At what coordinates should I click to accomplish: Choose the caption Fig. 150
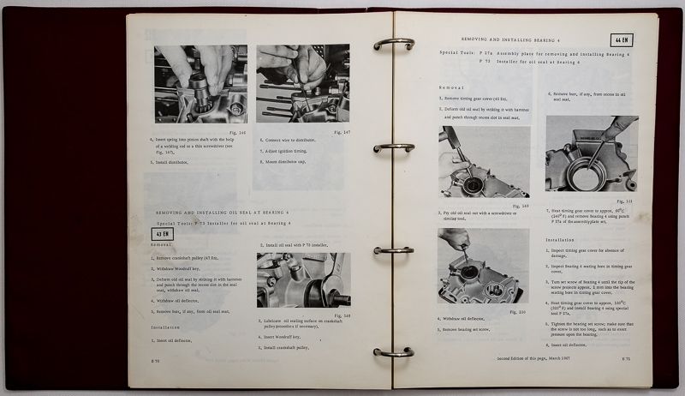point(515,312)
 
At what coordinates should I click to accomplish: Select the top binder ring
point(394,43)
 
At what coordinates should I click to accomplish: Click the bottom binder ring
point(394,351)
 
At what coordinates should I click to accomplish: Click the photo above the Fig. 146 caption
point(201,83)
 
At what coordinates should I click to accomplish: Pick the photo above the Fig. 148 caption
point(303,279)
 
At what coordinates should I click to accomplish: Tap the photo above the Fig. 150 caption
point(483,267)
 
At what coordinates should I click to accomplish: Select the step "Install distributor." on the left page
point(178,160)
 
